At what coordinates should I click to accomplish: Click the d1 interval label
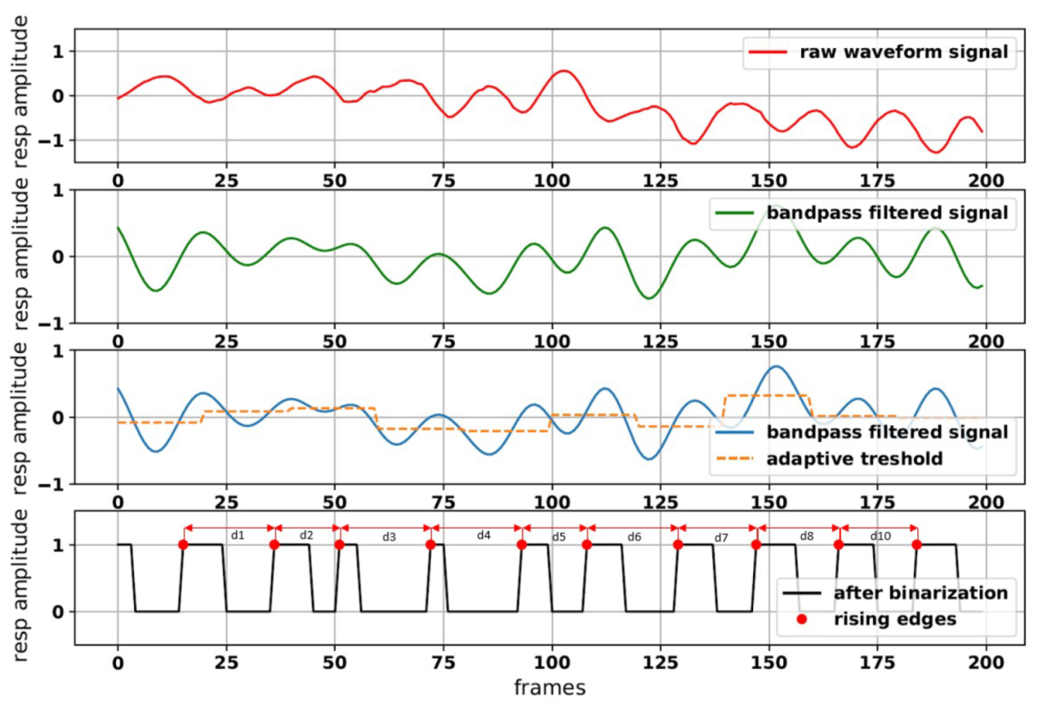pyautogui.click(x=238, y=535)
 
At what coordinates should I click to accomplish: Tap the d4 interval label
pyautogui.click(x=483, y=535)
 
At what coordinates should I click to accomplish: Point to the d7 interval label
pyautogui.click(x=721, y=537)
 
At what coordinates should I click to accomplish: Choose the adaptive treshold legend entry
pyautogui.click(x=854, y=458)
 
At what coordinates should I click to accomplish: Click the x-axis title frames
pyautogui.click(x=551, y=687)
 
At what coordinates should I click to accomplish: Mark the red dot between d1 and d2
pyautogui.click(x=274, y=545)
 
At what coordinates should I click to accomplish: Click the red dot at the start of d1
pyautogui.click(x=183, y=545)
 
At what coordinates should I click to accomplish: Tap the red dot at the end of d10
pyautogui.click(x=916, y=545)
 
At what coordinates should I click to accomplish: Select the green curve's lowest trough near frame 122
pyautogui.click(x=649, y=298)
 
